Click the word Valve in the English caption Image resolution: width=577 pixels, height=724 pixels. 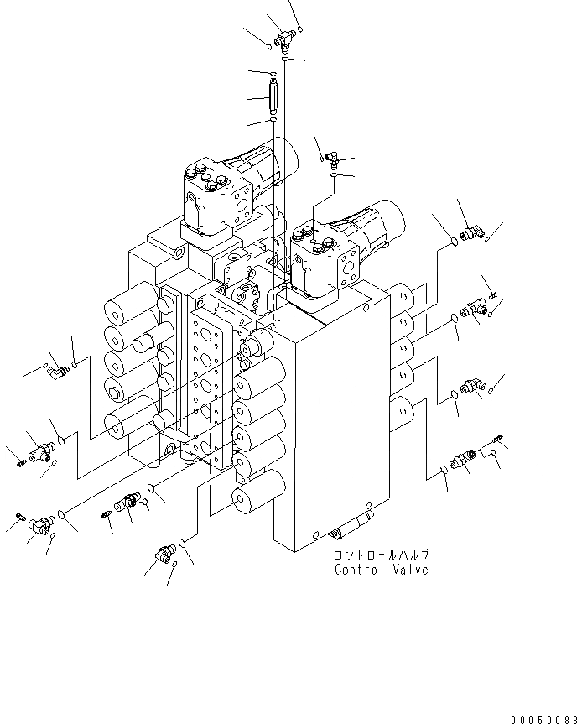tap(409, 570)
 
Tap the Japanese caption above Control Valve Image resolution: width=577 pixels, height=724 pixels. tap(382, 555)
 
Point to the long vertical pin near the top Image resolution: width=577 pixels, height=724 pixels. tap(273, 97)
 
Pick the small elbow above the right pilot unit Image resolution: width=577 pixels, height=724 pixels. tap(333, 157)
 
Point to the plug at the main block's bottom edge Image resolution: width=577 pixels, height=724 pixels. tap(351, 528)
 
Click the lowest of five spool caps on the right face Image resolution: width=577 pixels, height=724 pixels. tap(403, 412)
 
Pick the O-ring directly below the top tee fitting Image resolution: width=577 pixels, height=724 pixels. tap(286, 60)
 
